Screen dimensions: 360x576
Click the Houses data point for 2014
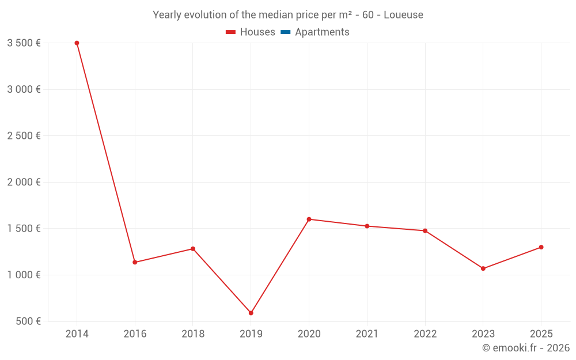[x=77, y=43]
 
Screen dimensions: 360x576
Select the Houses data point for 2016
[x=135, y=262]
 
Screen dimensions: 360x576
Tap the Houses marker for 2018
[x=193, y=249]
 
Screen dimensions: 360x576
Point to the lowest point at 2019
[x=251, y=313]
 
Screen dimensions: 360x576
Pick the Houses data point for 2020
[x=309, y=219]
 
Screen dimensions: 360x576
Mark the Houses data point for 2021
[x=367, y=226]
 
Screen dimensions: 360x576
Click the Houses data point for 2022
[x=425, y=230]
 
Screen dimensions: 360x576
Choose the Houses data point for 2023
[x=483, y=268]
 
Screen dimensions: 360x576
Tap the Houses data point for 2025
[x=541, y=247]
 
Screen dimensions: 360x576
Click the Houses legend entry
[x=251, y=32]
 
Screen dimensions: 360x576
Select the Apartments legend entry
[x=315, y=32]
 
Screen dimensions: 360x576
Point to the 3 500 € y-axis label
[x=24, y=43]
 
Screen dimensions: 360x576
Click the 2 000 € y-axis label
[x=24, y=182]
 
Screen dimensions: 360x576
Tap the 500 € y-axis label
[x=28, y=321]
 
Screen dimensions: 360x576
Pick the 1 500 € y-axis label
[x=24, y=229]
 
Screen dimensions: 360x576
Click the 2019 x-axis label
[x=251, y=334]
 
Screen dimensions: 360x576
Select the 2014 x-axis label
[x=77, y=334]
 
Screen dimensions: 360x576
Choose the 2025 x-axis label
[x=541, y=334]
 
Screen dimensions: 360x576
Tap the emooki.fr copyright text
[x=526, y=348]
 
